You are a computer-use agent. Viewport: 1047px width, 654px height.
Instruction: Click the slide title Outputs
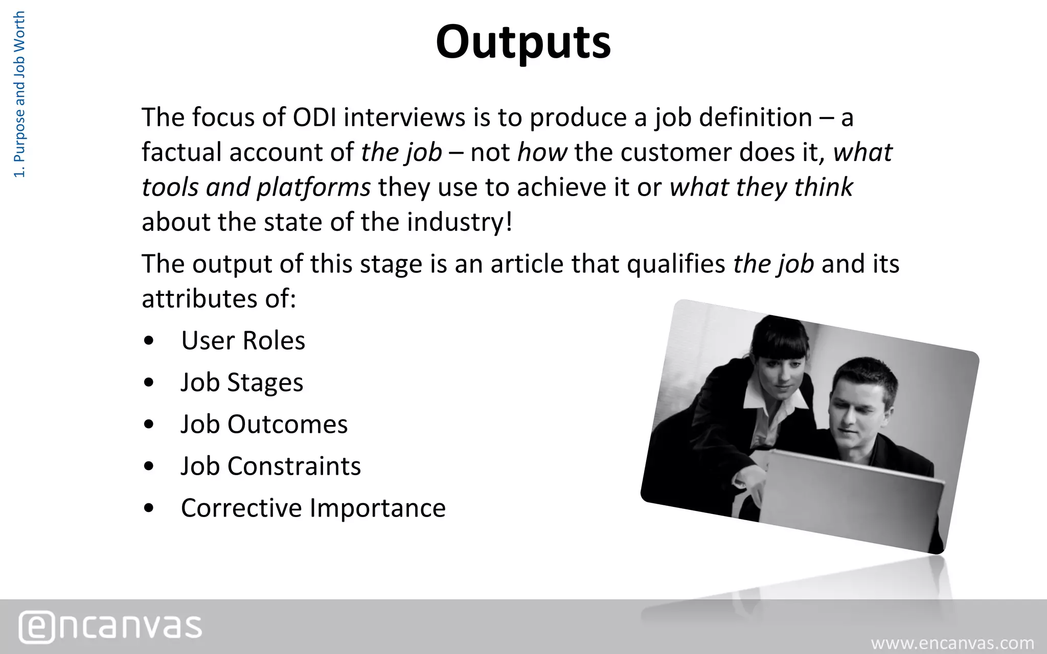[523, 42]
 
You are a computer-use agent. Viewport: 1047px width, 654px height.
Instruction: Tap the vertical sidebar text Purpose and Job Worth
[19, 95]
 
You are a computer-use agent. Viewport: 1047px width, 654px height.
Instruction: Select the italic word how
[542, 153]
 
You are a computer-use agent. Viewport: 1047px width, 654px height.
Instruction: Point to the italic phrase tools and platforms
[256, 188]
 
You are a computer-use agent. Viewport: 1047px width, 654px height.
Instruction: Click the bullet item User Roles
[243, 341]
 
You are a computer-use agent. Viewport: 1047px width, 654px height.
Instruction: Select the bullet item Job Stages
[242, 383]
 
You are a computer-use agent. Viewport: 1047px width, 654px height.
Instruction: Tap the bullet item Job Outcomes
[264, 425]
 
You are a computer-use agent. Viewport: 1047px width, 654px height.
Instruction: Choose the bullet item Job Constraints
[270, 466]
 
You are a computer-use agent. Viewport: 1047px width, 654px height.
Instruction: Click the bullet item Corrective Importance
[313, 508]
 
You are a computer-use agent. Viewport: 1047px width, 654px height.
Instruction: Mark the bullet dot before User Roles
[149, 341]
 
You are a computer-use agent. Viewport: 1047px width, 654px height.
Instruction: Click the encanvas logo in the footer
[110, 626]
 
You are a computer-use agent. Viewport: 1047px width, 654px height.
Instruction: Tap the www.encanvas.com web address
[952, 643]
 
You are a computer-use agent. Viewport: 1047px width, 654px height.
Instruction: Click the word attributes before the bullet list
[199, 299]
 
